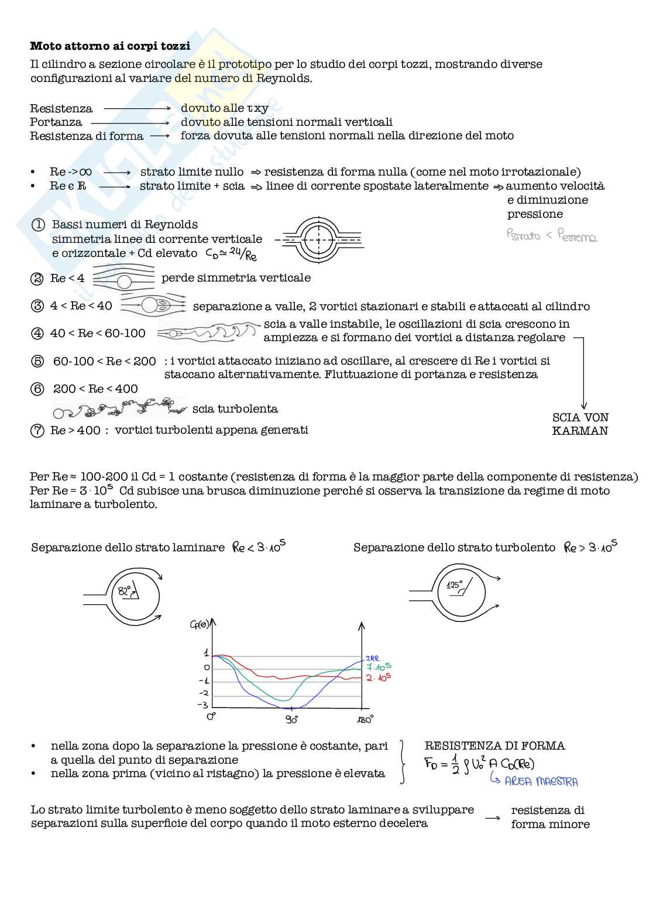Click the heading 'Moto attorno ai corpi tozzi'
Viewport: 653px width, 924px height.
coord(110,46)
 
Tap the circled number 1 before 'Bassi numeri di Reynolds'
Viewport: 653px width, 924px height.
coord(38,225)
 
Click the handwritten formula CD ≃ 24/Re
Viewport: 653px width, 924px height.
coord(231,253)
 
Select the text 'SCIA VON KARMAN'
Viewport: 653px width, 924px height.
coord(580,424)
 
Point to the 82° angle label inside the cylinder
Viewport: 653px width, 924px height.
coord(124,591)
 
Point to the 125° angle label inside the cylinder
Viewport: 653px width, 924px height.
coord(454,585)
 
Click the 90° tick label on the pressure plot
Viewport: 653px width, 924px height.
coord(291,719)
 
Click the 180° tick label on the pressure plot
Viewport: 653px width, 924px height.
coord(365,720)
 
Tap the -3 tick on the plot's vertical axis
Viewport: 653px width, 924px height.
coord(203,705)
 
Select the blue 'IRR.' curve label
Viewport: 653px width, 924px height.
coord(373,658)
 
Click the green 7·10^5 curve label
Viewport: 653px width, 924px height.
coord(378,667)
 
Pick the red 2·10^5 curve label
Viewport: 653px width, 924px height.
coord(378,678)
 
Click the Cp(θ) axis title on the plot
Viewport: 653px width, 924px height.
coord(200,624)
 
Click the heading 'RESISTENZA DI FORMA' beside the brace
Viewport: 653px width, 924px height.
coord(494,746)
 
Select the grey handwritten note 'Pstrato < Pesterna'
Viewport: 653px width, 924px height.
coord(551,236)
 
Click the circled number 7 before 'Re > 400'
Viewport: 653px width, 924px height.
coord(37,431)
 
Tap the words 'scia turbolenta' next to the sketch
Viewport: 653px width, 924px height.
coord(235,408)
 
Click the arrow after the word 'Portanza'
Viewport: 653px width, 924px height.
coord(130,122)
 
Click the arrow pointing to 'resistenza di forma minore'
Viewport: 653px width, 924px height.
coord(493,817)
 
